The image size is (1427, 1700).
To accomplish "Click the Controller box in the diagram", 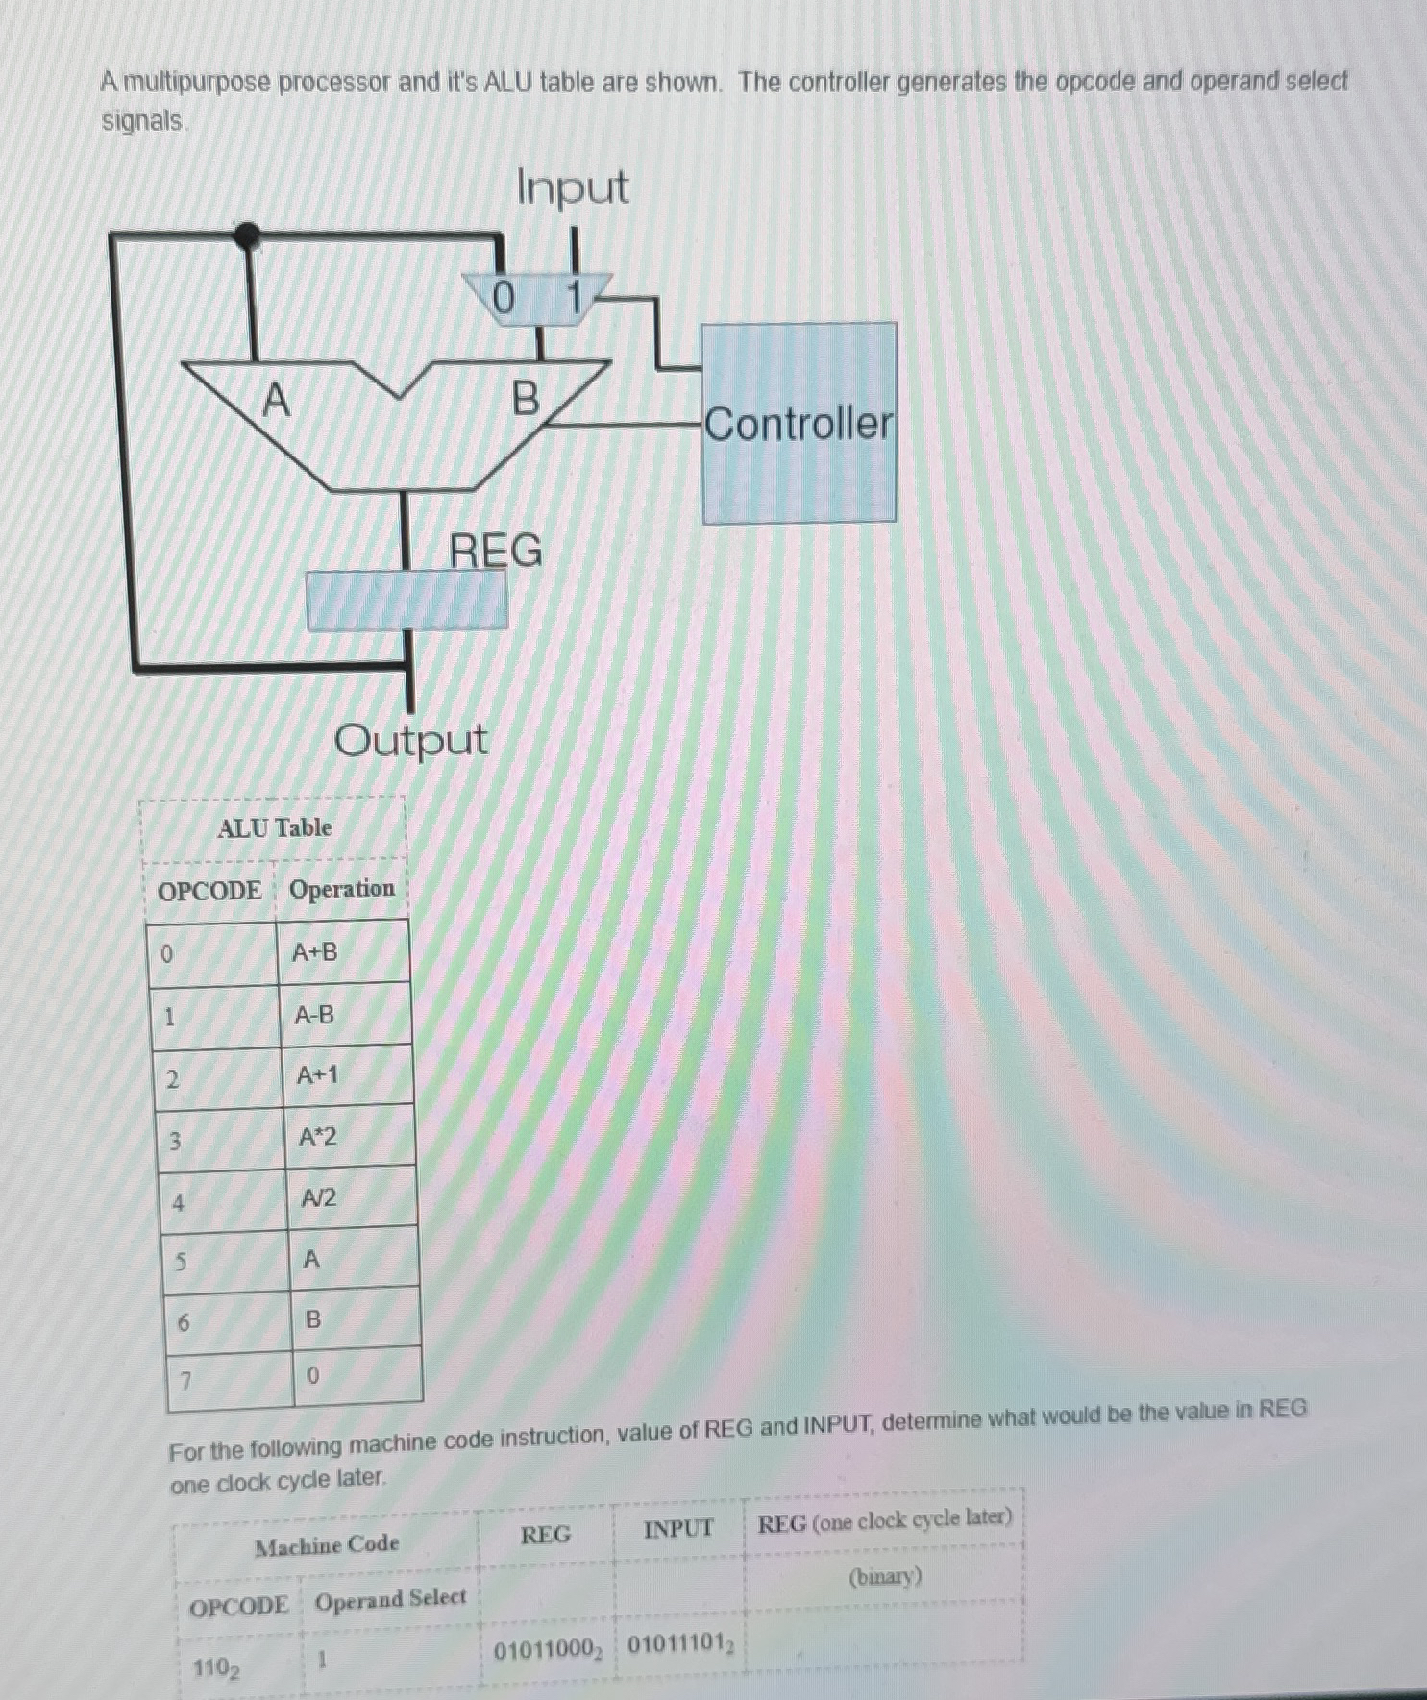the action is click(799, 423).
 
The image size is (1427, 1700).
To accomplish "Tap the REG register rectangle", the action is click(406, 602).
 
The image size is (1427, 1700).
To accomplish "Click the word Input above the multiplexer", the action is click(573, 186).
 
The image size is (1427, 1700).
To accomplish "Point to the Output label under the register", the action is click(410, 740).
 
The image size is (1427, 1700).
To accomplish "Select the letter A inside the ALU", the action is click(276, 399).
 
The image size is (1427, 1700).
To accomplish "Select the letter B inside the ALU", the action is click(526, 398).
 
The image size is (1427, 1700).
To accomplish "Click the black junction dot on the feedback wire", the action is click(248, 234).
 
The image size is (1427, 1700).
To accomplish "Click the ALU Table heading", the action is click(275, 827).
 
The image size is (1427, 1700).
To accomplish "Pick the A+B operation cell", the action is click(316, 952).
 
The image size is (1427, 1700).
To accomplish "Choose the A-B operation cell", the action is click(315, 1015).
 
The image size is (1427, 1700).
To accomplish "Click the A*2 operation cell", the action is click(318, 1137).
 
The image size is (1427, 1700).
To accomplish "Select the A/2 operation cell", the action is click(319, 1198).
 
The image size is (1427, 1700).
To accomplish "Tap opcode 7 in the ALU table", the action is click(186, 1381).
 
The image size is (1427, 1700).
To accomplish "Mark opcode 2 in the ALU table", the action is click(173, 1079).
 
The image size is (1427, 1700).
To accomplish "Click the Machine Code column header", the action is click(327, 1545).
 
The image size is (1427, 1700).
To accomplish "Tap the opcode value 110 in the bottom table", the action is click(217, 1667).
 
